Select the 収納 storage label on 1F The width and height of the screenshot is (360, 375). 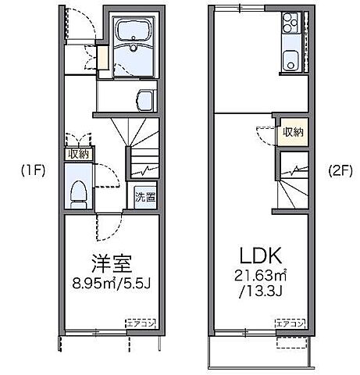click(x=79, y=154)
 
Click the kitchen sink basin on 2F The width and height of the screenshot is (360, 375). click(x=290, y=59)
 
